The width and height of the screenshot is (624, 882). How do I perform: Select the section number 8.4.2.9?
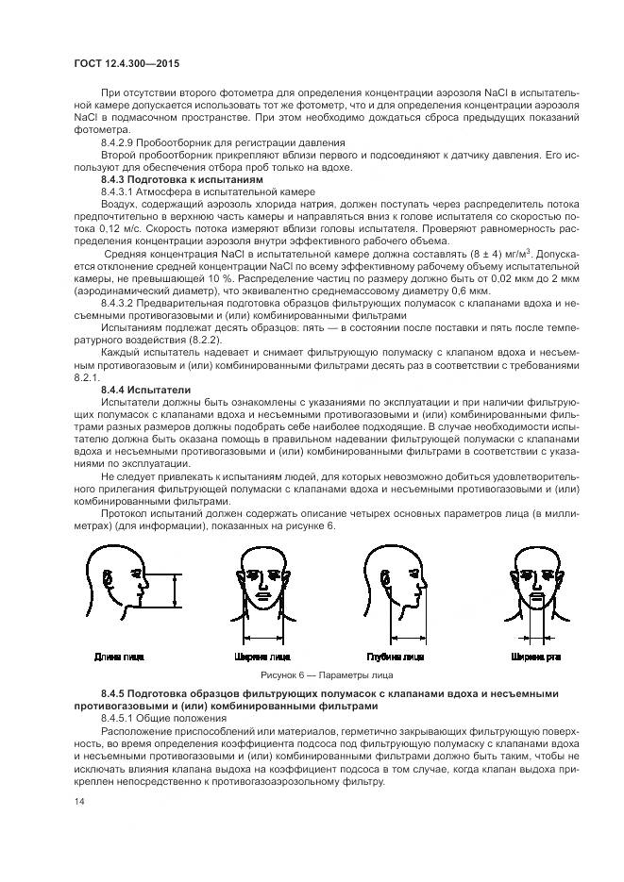120,141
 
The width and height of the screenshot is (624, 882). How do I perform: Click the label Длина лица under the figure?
119,656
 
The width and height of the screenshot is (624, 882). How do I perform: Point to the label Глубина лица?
395,656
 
